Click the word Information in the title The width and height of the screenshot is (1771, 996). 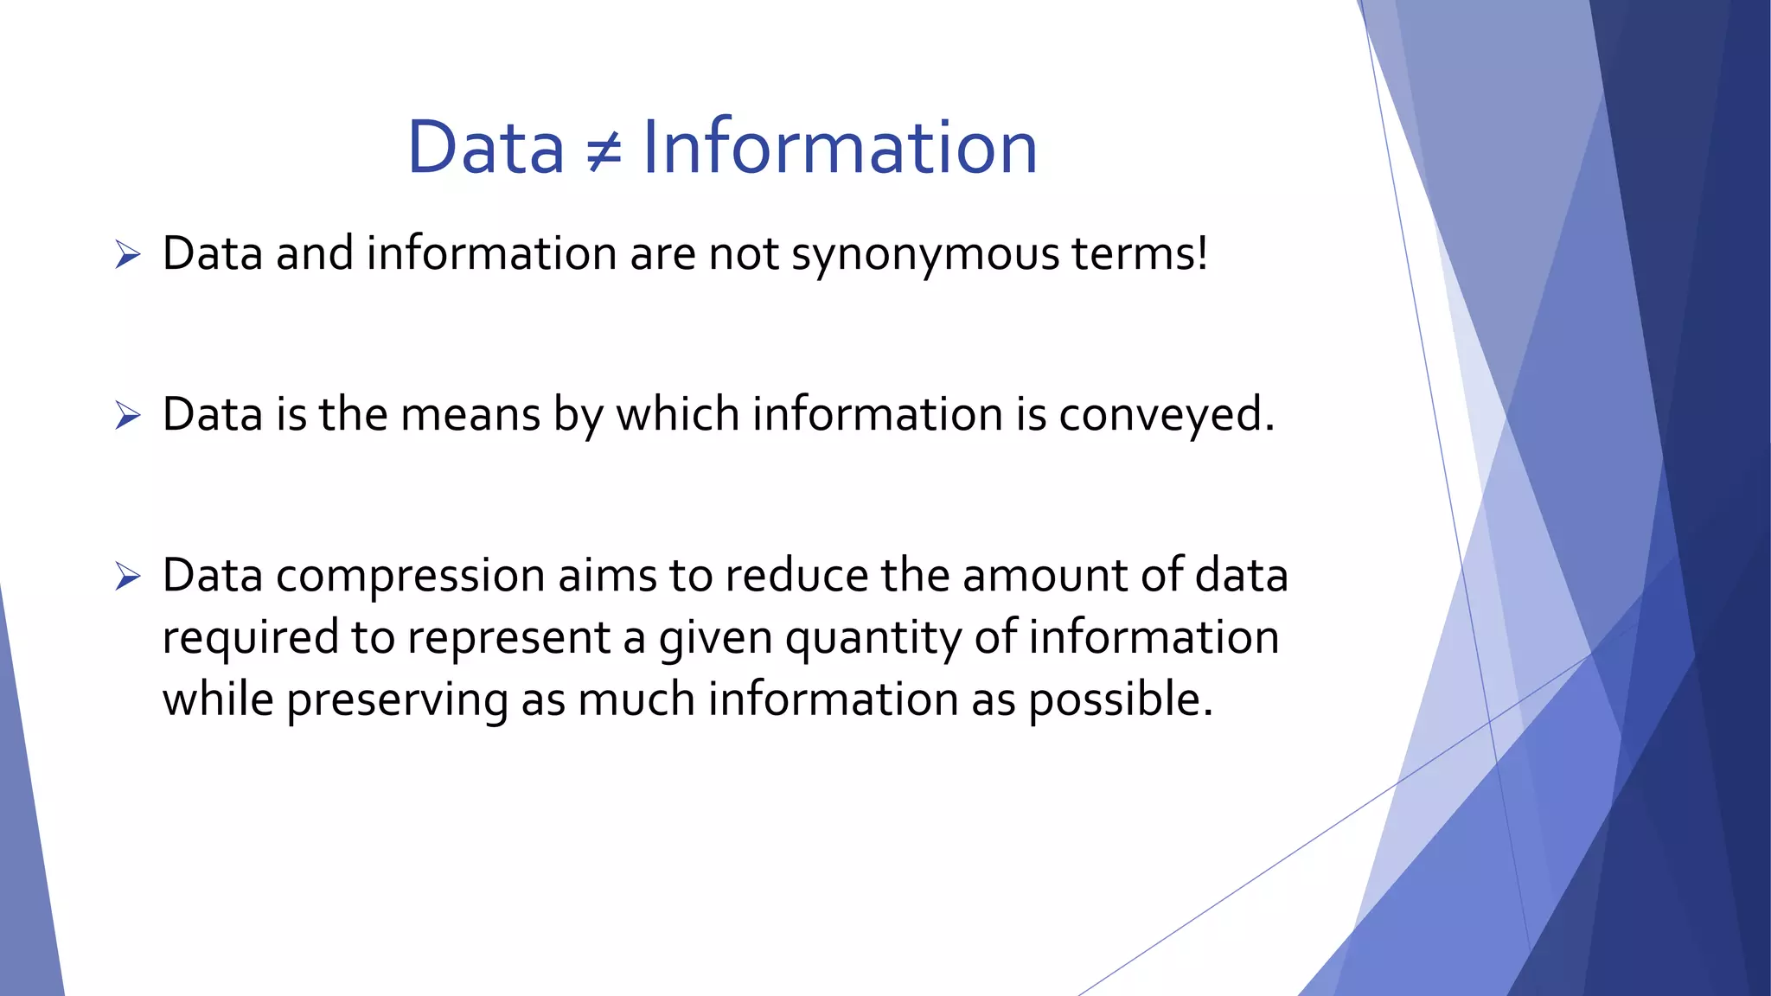(x=839, y=147)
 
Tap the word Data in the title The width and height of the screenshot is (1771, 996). (x=485, y=147)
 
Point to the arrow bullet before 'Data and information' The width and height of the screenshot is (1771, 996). (x=127, y=255)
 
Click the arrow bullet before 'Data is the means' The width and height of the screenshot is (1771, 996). (x=127, y=416)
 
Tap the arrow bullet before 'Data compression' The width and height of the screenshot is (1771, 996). (x=127, y=577)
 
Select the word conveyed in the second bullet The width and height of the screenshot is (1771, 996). (x=1165, y=415)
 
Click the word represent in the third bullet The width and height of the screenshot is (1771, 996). (x=508, y=638)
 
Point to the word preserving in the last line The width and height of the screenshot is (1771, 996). (x=397, y=700)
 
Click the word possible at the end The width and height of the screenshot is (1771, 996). (x=1119, y=700)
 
